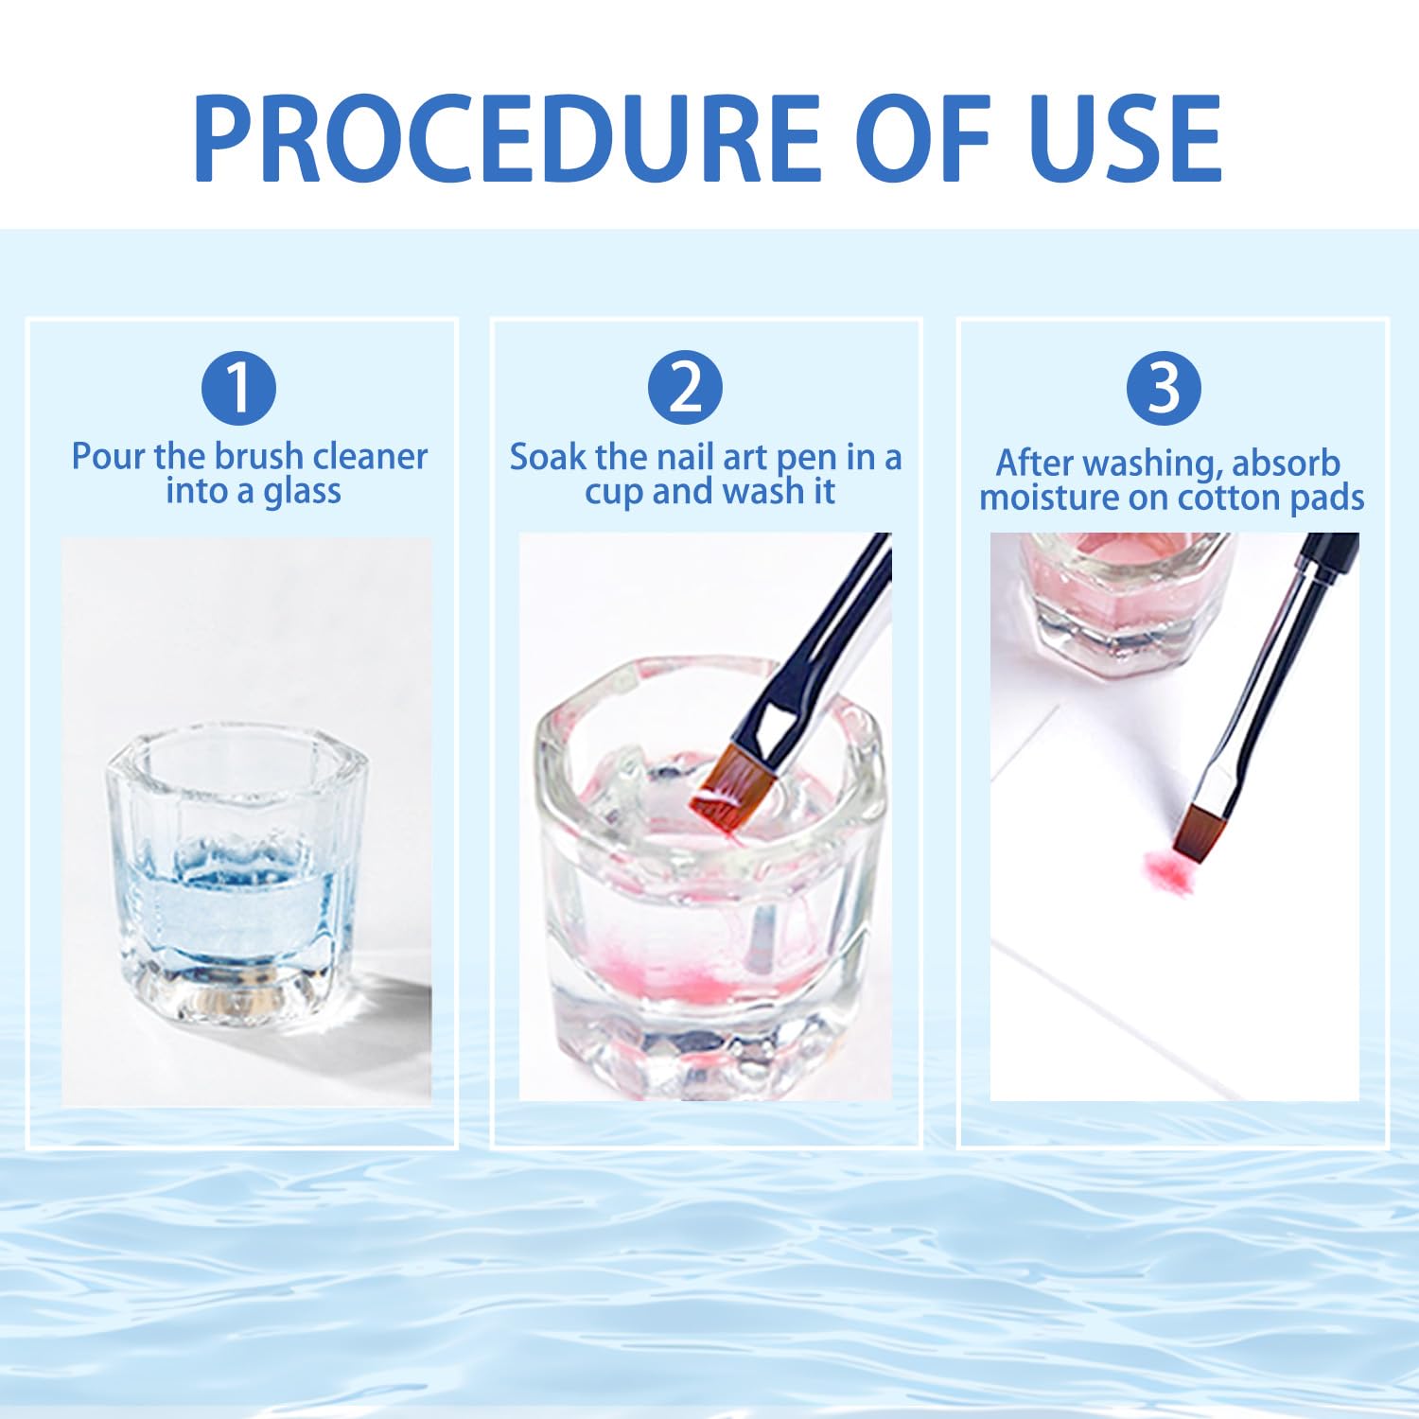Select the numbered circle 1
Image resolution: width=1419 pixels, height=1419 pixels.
(x=238, y=388)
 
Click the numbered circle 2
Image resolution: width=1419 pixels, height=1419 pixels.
(x=685, y=388)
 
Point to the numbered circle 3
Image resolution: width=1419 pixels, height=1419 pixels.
(x=1164, y=388)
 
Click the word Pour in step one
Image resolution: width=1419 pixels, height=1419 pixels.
(x=109, y=457)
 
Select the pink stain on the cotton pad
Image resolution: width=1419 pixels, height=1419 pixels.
(x=1165, y=867)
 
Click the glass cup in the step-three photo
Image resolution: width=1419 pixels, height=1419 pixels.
(x=1126, y=601)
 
